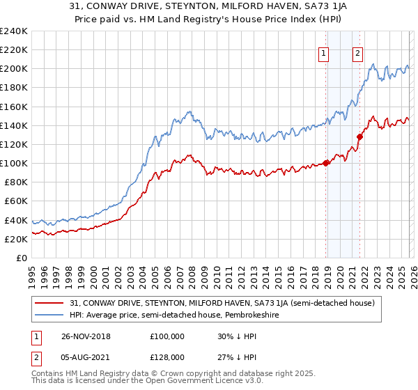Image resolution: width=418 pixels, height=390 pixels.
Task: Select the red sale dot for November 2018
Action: click(326, 164)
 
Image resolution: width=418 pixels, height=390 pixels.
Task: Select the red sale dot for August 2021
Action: click(359, 137)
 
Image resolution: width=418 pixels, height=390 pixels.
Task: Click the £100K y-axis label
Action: click(14, 163)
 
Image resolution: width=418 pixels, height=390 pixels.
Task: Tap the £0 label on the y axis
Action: click(21, 258)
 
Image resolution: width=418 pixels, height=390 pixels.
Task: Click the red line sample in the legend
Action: click(51, 303)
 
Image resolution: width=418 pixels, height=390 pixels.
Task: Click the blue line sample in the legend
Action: click(51, 315)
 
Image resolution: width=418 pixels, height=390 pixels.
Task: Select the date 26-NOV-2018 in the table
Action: click(90, 336)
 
